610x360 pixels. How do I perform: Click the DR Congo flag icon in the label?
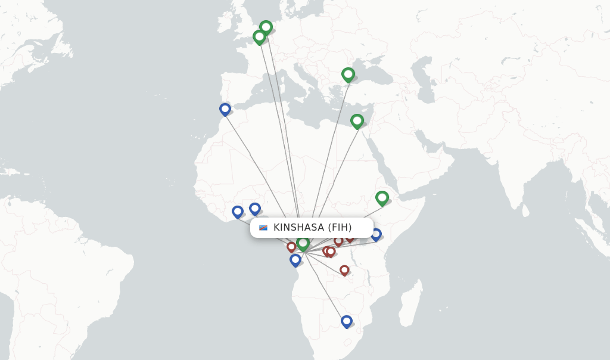tap(263, 228)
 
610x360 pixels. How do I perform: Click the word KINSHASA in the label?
tap(299, 228)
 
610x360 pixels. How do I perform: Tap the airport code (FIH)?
tap(340, 228)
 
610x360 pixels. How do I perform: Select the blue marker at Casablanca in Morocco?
tap(225, 109)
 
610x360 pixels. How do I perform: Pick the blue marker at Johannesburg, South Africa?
tap(346, 321)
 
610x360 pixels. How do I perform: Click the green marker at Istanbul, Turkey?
tap(348, 74)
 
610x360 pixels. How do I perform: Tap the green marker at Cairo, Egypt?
tap(357, 120)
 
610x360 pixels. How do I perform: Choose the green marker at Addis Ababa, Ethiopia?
tap(382, 197)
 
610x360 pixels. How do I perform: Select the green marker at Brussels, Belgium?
tap(266, 27)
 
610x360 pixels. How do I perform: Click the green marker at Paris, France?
tap(259, 36)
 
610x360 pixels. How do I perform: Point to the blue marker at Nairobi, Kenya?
tap(376, 234)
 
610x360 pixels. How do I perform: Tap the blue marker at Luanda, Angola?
tap(295, 259)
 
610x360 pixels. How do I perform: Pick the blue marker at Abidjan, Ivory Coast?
tap(237, 211)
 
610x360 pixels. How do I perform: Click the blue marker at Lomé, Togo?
tap(254, 208)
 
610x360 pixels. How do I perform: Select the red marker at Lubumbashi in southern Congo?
tap(344, 270)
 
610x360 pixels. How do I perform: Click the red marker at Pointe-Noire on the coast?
tap(291, 246)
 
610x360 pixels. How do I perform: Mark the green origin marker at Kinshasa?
tap(303, 243)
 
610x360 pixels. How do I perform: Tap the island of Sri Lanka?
tap(525, 210)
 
